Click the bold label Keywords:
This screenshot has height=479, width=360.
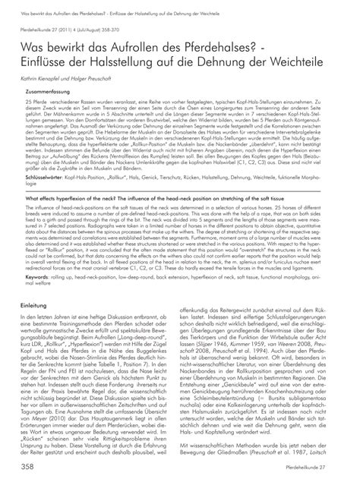(x=36, y=277)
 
